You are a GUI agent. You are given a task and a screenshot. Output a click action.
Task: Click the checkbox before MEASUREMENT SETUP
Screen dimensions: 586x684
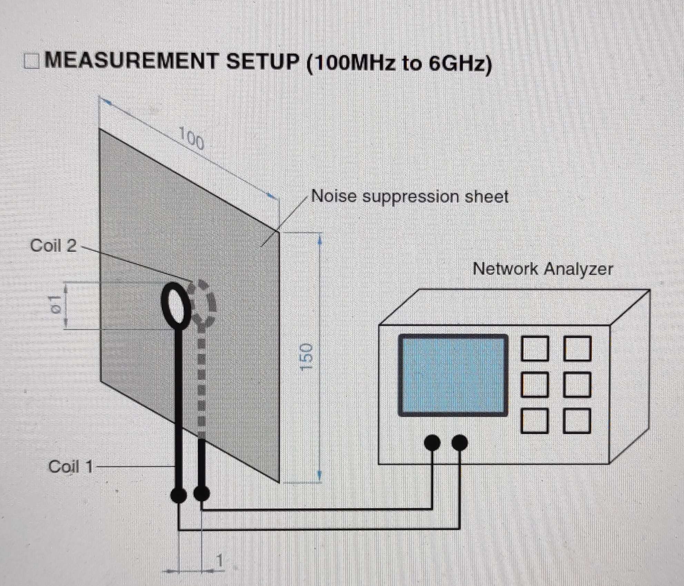pyautogui.click(x=31, y=62)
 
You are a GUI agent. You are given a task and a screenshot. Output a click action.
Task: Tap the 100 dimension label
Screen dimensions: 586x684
pyautogui.click(x=191, y=139)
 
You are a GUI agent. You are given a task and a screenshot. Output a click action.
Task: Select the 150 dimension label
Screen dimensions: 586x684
pyautogui.click(x=306, y=357)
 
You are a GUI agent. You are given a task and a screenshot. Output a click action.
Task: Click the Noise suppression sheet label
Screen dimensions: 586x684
pyautogui.click(x=409, y=197)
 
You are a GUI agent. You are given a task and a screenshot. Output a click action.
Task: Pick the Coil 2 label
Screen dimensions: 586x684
pyautogui.click(x=53, y=246)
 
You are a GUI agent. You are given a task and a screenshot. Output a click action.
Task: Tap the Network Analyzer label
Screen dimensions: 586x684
pyautogui.click(x=543, y=269)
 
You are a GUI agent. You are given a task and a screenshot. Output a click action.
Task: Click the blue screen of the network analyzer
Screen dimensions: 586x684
pyautogui.click(x=453, y=375)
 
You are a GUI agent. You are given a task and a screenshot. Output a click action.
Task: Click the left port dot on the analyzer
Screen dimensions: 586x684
pyautogui.click(x=432, y=443)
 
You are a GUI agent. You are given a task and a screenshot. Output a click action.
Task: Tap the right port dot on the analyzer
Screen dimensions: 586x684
pyautogui.click(x=459, y=443)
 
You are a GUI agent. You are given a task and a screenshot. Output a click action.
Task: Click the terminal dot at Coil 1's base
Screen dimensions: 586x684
pyautogui.click(x=179, y=495)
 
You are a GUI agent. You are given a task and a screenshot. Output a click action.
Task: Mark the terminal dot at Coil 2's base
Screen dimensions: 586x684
pyautogui.click(x=202, y=494)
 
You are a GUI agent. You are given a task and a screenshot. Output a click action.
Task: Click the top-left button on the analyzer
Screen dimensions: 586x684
pyautogui.click(x=535, y=349)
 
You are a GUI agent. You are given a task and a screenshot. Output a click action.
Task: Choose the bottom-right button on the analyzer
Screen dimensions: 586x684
pyautogui.click(x=577, y=421)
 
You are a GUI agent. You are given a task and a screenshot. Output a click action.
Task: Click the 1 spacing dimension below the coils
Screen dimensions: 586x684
pyautogui.click(x=219, y=561)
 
